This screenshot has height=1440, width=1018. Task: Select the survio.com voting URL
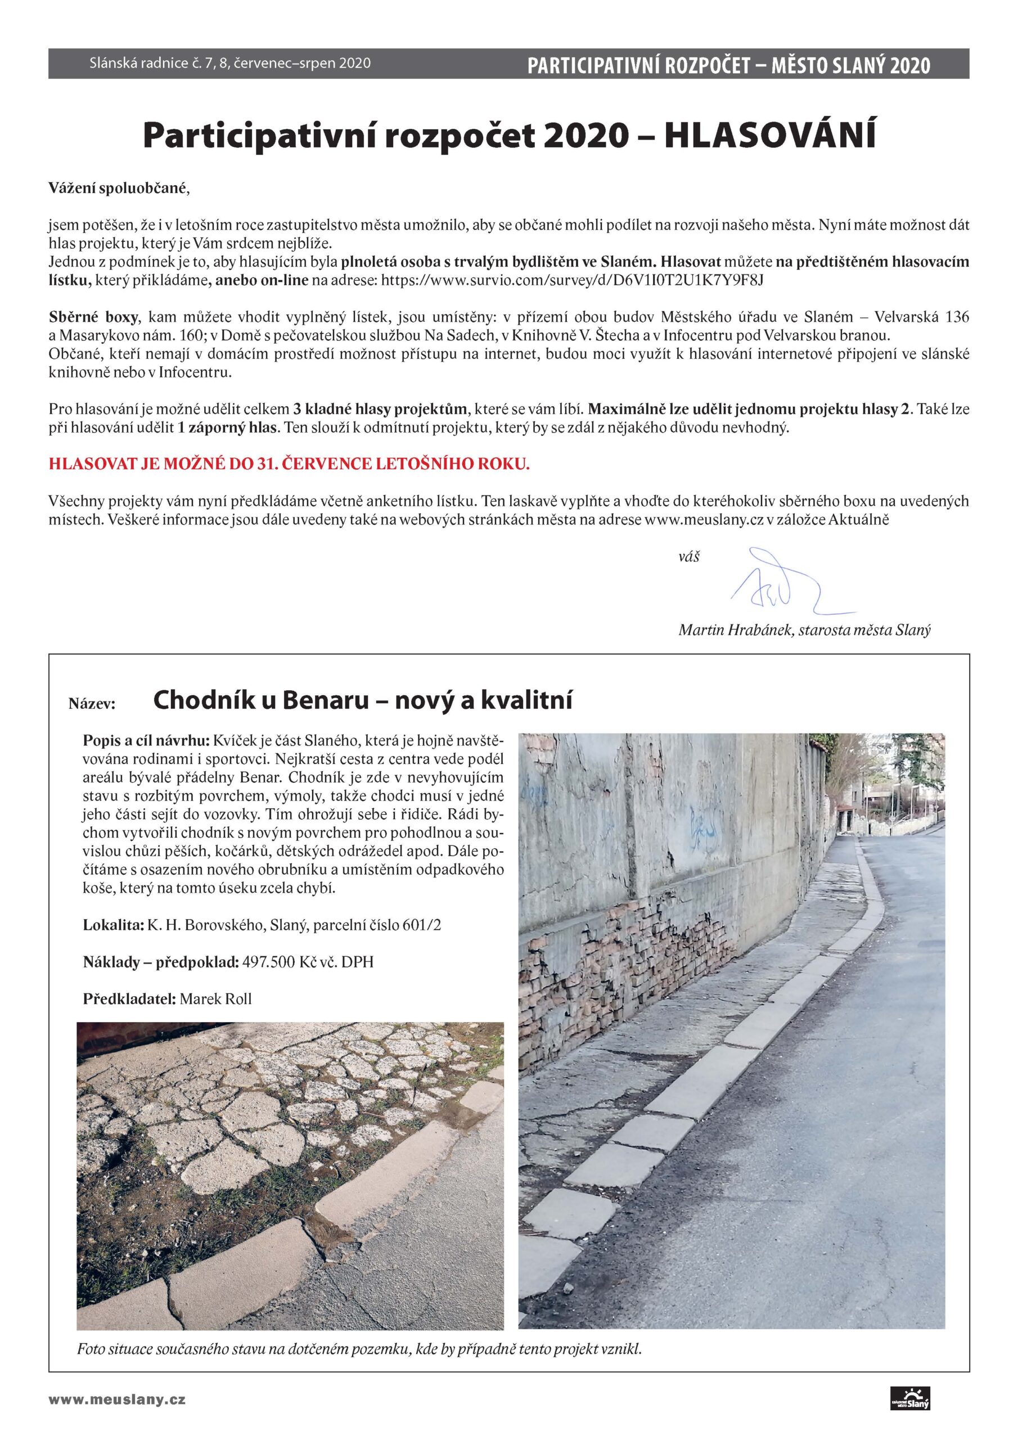tap(572, 280)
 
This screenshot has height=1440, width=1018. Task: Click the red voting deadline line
tap(289, 465)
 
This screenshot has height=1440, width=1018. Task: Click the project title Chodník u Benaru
tap(260, 700)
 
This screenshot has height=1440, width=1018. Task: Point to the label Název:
tap(92, 704)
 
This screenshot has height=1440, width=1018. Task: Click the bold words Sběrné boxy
tap(93, 317)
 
